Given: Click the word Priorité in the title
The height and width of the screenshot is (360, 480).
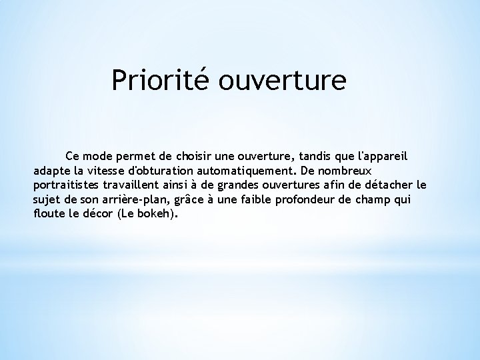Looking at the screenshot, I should tap(155, 80).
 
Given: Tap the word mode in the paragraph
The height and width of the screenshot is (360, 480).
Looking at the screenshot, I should tap(99, 155).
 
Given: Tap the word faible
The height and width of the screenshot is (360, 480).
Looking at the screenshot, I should tap(259, 199).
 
